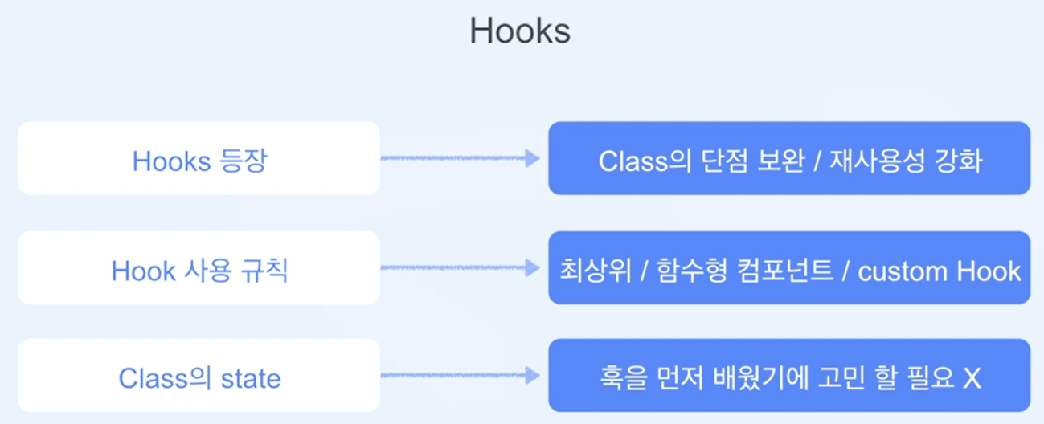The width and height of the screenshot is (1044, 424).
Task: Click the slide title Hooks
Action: tap(519, 31)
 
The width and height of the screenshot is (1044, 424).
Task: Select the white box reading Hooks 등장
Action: tap(199, 158)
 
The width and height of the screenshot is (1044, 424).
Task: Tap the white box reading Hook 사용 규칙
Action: tap(199, 268)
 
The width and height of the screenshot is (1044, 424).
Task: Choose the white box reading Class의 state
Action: tap(199, 376)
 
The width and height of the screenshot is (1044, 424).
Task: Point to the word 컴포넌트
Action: tap(790, 270)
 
